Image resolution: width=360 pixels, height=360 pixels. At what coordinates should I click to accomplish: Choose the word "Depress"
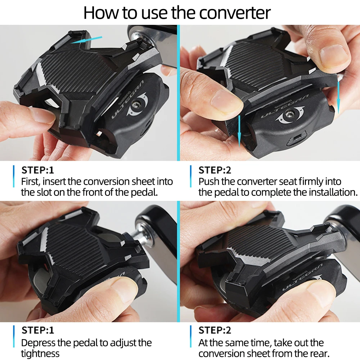38,343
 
